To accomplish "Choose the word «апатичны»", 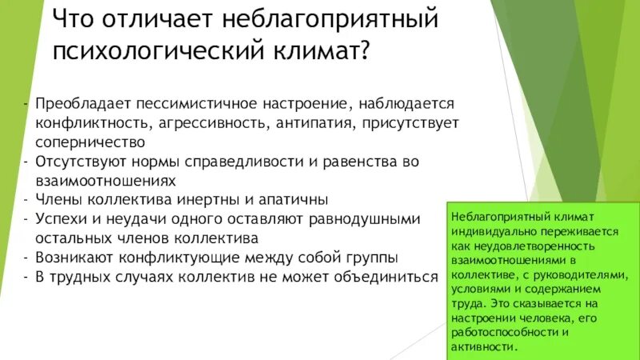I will (296, 199).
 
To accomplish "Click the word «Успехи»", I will (62, 218).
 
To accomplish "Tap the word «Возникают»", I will (75, 258).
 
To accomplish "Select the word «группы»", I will (370, 258).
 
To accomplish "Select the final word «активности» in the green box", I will (485, 346).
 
